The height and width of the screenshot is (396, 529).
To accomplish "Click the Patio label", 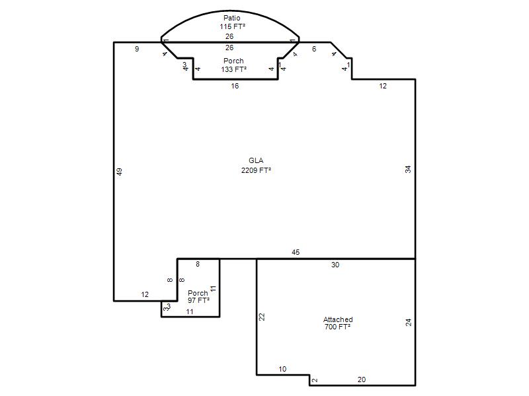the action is [x=232, y=18].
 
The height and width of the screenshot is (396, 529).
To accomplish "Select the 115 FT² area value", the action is [x=233, y=26].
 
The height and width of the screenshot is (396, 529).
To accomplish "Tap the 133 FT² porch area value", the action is [x=234, y=69].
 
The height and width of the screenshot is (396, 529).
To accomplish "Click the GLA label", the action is [x=256, y=160].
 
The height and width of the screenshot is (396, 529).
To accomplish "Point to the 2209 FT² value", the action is [x=256, y=170].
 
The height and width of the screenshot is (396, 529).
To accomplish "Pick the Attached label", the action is [x=338, y=319].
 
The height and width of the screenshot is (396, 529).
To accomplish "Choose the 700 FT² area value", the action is [x=337, y=327].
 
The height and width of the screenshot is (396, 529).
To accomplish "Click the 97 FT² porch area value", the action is [x=199, y=300].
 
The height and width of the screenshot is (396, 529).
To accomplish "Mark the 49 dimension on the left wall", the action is [x=120, y=172].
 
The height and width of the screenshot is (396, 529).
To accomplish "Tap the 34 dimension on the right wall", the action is [x=408, y=170].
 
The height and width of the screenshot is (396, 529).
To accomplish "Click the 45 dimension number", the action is [x=296, y=252].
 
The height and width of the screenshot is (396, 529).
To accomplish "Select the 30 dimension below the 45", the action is [x=335, y=265].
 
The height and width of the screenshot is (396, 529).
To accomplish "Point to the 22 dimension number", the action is [x=262, y=317].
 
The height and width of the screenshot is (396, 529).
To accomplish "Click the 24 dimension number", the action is [x=409, y=322].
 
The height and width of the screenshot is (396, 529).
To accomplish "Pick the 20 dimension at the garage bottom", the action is [x=362, y=379].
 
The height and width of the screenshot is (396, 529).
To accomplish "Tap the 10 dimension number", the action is [x=282, y=369].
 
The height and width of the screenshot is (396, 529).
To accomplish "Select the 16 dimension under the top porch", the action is [x=235, y=86].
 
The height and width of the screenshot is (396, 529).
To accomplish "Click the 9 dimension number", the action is [x=137, y=49].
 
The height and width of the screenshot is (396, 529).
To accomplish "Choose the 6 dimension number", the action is [x=314, y=49].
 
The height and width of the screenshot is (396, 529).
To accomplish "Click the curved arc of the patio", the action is [x=230, y=11].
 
